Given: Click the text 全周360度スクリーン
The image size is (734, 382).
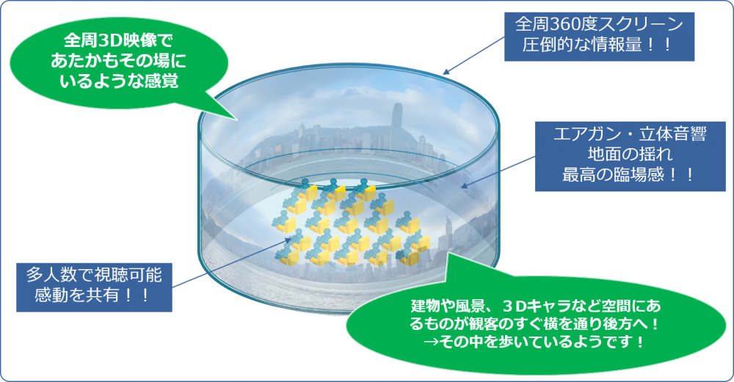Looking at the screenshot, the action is coord(599,25).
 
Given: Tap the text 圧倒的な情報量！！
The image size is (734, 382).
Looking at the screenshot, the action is coord(599,45).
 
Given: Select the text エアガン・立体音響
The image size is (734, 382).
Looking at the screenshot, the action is coord(630,134).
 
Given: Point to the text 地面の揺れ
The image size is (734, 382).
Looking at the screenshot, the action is coord(630,154).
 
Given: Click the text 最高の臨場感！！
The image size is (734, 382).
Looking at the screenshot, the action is coord(630,175).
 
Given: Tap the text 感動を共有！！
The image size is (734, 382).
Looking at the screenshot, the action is coord(94,295).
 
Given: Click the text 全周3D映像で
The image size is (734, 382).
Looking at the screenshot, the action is coord(118,40).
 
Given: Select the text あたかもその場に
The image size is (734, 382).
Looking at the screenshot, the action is coord(118,61).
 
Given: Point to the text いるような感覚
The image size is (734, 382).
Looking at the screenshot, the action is coord(118,81).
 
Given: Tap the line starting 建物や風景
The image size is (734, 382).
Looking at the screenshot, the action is coord(536,306).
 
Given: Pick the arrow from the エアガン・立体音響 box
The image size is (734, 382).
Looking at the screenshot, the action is coord(498,172).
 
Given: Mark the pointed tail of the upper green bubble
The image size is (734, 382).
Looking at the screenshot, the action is coord(237,120).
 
